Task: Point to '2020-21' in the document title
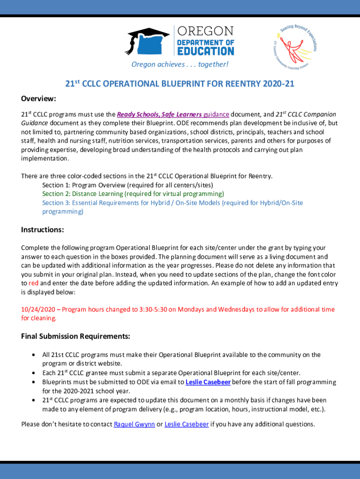point(279,84)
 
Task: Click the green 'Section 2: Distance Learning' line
point(133,194)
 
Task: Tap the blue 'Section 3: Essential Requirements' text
point(173,203)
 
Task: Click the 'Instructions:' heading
point(43,230)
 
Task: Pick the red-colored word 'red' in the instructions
point(33,283)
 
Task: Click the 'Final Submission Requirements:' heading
point(76,336)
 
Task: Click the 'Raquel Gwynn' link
point(134,424)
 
